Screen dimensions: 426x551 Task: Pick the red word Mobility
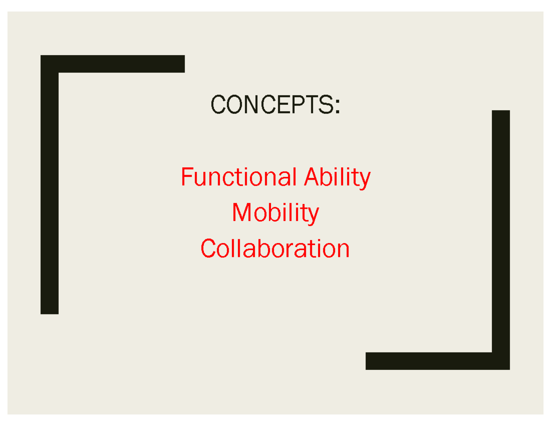[275, 213]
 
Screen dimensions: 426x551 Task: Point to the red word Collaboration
[275, 249]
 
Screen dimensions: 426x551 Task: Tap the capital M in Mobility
[241, 213]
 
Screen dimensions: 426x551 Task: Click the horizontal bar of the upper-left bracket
[122, 64]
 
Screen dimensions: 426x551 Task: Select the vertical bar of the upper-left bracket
[50, 193]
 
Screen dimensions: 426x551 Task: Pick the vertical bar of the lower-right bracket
[500, 230]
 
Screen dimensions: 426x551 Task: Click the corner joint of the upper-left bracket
[50, 64]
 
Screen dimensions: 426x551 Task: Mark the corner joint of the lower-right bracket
[500, 361]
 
